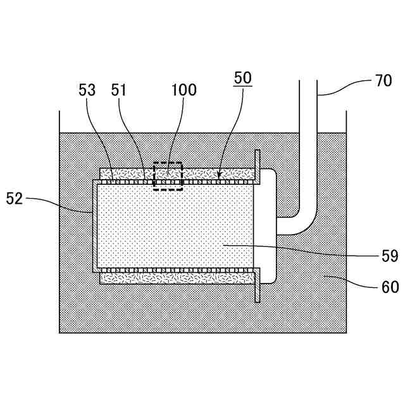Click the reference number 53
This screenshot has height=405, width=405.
(x=87, y=90)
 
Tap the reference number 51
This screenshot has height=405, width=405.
(x=119, y=90)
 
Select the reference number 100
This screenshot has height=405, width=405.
(x=184, y=90)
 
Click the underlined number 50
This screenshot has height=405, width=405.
(x=242, y=78)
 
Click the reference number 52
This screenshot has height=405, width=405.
(x=15, y=199)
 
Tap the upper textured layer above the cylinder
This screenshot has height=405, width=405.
(x=209, y=173)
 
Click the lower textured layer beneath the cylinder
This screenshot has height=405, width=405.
(x=177, y=278)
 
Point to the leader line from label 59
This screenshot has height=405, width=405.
(x=316, y=251)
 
